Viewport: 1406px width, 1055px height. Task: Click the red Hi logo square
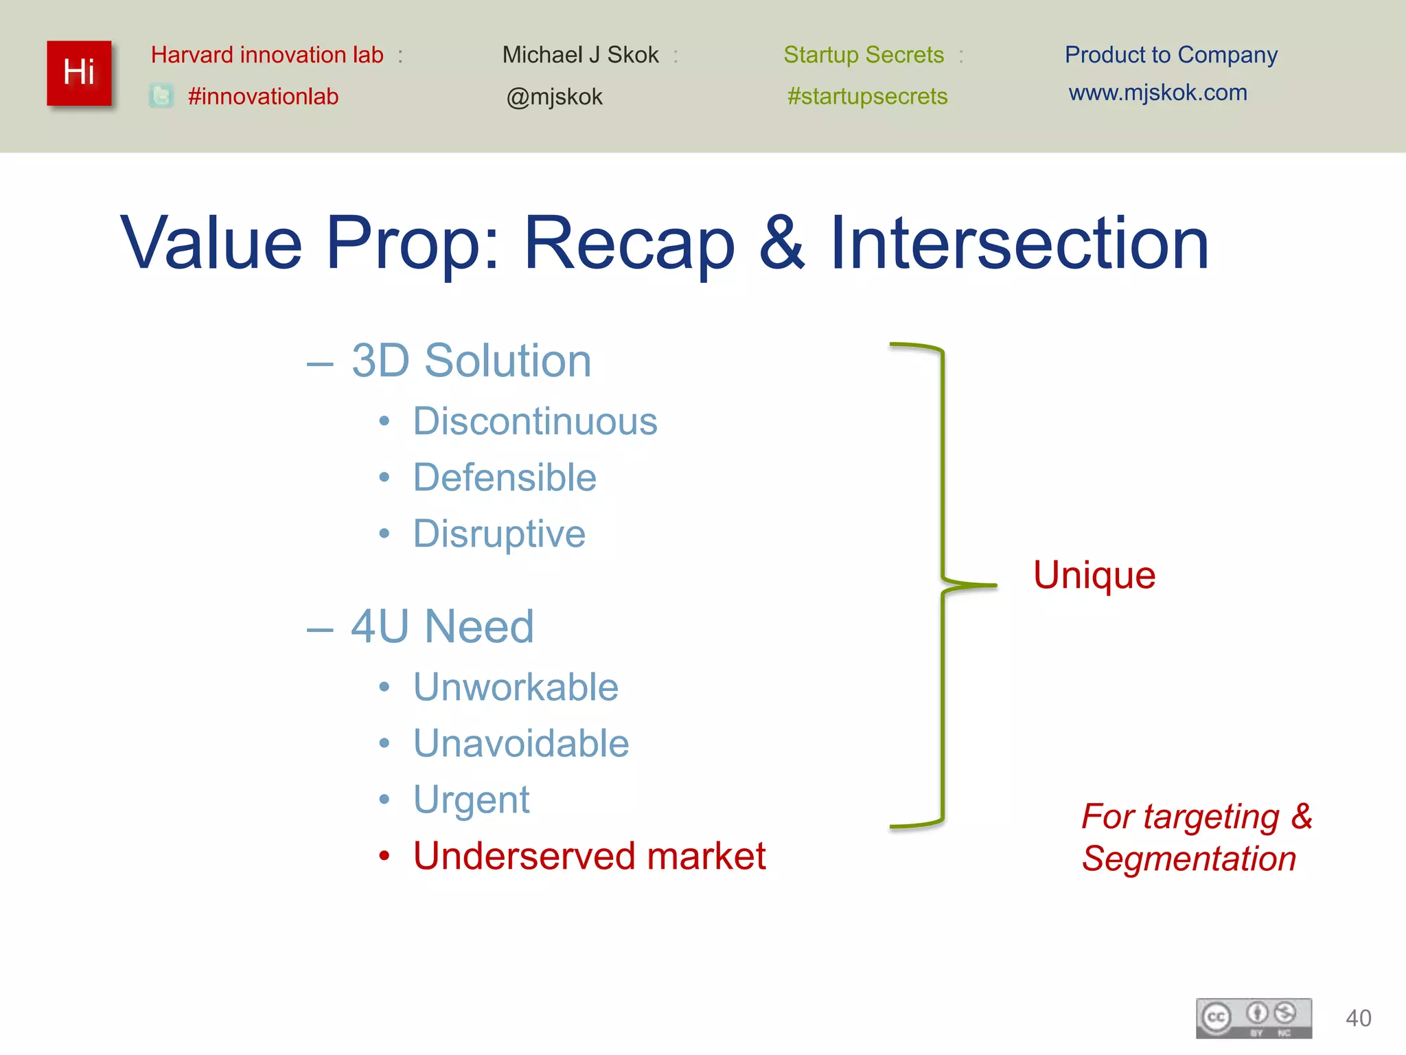tap(79, 73)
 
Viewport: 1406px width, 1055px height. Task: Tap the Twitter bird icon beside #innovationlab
tap(161, 96)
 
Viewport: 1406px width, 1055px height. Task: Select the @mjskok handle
tap(554, 97)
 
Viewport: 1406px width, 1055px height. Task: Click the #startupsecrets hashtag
tap(867, 96)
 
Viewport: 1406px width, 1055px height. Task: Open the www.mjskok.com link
tap(1157, 93)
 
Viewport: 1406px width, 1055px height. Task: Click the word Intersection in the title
tap(1019, 243)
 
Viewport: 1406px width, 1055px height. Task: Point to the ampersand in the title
tap(781, 243)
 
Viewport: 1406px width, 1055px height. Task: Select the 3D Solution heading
tap(471, 361)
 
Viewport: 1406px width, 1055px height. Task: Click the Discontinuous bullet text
tap(535, 421)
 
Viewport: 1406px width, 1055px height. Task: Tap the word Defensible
tap(505, 477)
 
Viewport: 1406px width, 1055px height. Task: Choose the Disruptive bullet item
tap(499, 534)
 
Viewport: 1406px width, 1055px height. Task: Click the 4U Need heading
tap(442, 626)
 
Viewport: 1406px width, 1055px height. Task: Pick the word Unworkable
tap(516, 687)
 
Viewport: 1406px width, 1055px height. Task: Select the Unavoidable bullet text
tap(521, 743)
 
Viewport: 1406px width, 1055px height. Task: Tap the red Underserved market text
tap(589, 856)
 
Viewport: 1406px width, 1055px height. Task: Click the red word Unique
tap(1094, 575)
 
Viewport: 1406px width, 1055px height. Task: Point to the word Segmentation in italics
tap(1189, 859)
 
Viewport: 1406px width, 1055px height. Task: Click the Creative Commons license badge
tap(1254, 1018)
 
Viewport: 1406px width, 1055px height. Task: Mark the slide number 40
tap(1358, 1018)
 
